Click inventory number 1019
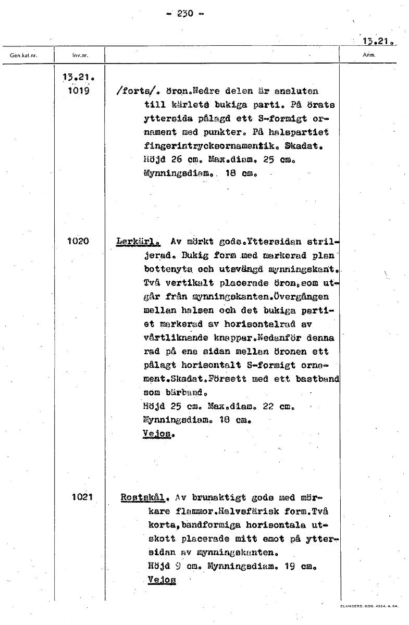(x=79, y=91)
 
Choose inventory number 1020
(x=79, y=241)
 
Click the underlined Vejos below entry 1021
(x=162, y=579)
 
